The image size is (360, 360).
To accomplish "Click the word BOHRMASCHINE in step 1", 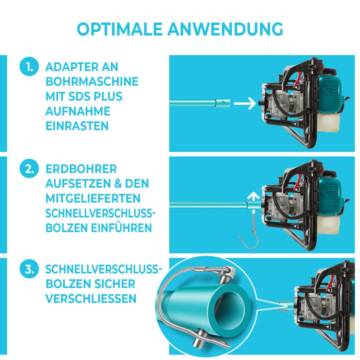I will point(91,81).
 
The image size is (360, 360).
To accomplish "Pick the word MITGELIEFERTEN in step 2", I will point(93,198).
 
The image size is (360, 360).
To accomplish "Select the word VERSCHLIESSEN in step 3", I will point(90,298).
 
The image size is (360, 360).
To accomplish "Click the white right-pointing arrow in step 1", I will point(243,104).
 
